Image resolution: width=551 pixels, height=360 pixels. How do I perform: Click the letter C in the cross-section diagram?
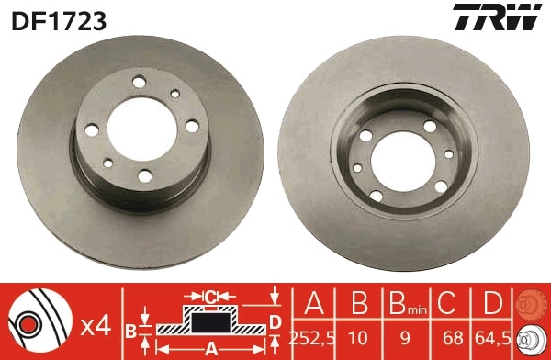tap(210, 297)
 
